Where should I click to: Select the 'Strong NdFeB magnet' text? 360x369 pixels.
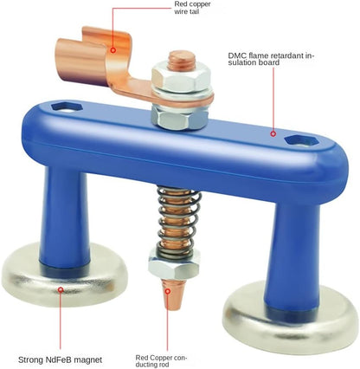(x=59, y=358)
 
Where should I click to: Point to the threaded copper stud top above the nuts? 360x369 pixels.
(x=180, y=61)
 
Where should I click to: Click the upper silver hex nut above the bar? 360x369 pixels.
(x=180, y=80)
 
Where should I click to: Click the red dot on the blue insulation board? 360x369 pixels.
(x=273, y=134)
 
